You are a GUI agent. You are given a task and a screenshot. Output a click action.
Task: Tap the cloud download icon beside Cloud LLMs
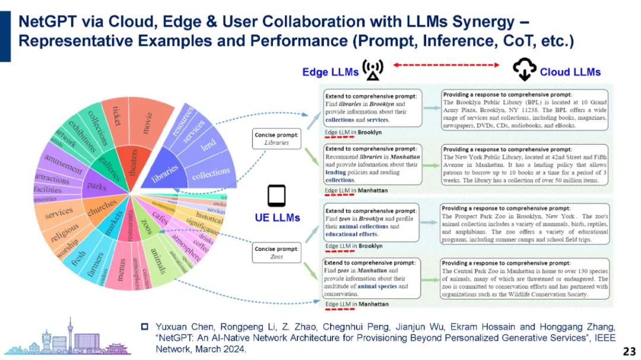[x=525, y=70]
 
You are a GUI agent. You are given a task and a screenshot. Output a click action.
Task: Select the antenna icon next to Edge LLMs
[x=373, y=70]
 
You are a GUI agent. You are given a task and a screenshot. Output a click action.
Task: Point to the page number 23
[x=629, y=351]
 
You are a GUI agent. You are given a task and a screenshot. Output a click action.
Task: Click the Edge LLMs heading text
[x=331, y=72]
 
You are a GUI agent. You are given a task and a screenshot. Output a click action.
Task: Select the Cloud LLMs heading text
[x=570, y=72]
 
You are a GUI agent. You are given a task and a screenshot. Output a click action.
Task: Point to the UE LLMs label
[x=277, y=218]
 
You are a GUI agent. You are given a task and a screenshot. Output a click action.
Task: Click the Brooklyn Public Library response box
[x=525, y=110]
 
